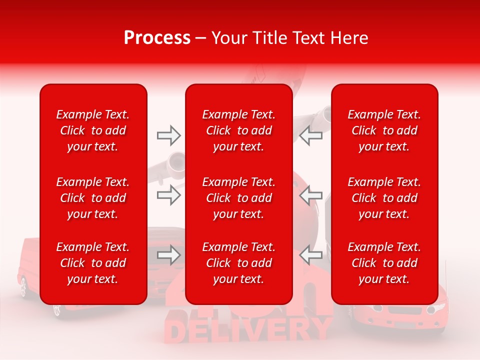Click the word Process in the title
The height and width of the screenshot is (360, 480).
click(x=157, y=38)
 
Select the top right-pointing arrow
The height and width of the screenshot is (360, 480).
click(x=168, y=135)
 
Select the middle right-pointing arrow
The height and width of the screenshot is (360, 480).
click(x=168, y=195)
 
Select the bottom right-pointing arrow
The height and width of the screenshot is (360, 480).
click(x=168, y=255)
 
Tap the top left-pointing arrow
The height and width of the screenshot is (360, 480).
click(x=310, y=135)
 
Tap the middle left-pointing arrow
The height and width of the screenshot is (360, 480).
click(x=310, y=195)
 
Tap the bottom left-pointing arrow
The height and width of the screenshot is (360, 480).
click(x=310, y=255)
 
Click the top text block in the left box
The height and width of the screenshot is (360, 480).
click(x=93, y=130)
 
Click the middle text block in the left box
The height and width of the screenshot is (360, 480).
click(x=93, y=198)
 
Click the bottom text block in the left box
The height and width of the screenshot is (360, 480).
click(x=93, y=263)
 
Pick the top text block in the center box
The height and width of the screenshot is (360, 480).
click(x=239, y=130)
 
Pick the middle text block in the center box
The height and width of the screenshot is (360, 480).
click(x=239, y=198)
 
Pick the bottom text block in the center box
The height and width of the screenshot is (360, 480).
click(x=239, y=263)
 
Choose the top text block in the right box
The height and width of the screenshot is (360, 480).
click(x=384, y=130)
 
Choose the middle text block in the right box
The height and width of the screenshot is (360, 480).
click(x=384, y=198)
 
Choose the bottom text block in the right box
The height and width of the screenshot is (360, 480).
click(x=384, y=263)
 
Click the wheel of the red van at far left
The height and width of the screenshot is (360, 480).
click(x=23, y=286)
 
